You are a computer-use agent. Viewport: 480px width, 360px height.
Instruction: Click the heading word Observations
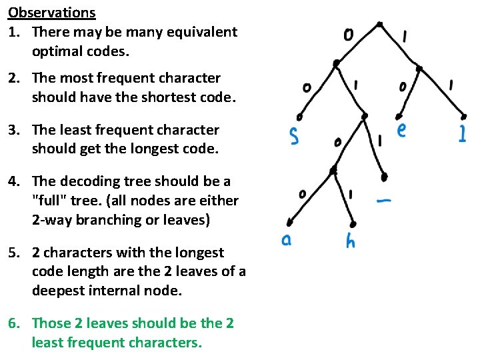(52, 12)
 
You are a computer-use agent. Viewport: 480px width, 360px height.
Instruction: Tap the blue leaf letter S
(294, 135)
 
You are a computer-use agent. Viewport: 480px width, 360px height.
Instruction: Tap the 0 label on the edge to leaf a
(303, 194)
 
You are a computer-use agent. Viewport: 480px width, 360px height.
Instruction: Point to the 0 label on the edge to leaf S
(306, 87)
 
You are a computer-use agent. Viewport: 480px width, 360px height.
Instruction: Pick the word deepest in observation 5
(59, 290)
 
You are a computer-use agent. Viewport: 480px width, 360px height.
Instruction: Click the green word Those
(51, 324)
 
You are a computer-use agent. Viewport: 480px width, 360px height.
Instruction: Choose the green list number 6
(14, 324)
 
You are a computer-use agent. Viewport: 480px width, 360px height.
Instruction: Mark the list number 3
(14, 130)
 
